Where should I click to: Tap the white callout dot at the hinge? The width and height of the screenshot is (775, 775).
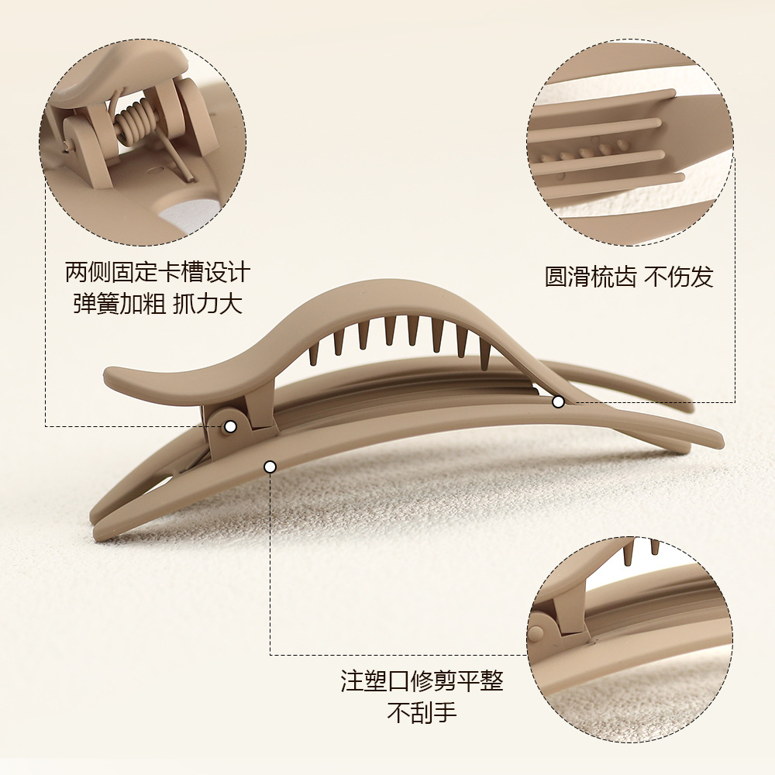pos(230,426)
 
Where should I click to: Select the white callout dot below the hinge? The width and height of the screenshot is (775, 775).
pos(270,467)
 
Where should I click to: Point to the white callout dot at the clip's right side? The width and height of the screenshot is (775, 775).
pos(558,401)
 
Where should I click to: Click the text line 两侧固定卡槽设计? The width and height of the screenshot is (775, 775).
pos(158,273)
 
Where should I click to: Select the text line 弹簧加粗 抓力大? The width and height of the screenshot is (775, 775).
pos(158,303)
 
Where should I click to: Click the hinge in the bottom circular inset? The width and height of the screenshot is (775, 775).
pos(542,628)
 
